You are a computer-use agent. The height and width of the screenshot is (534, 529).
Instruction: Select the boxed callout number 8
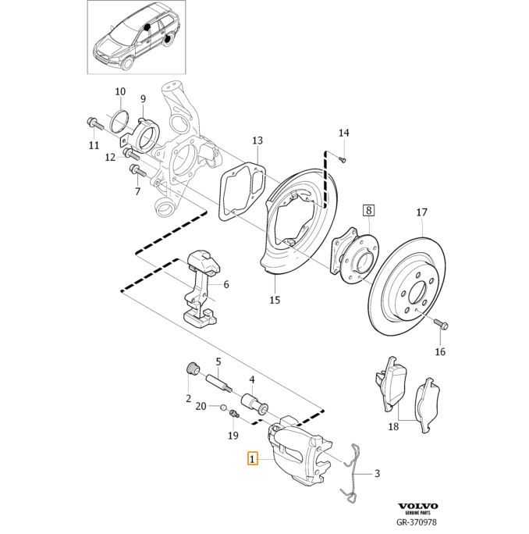(x=369, y=210)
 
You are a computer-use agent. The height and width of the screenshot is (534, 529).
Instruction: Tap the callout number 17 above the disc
(x=421, y=212)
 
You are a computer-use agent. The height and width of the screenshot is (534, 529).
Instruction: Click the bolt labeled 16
(x=435, y=322)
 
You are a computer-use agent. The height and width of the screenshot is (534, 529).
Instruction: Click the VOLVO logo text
(x=417, y=506)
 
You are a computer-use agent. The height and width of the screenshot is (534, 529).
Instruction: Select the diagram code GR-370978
(x=417, y=523)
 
